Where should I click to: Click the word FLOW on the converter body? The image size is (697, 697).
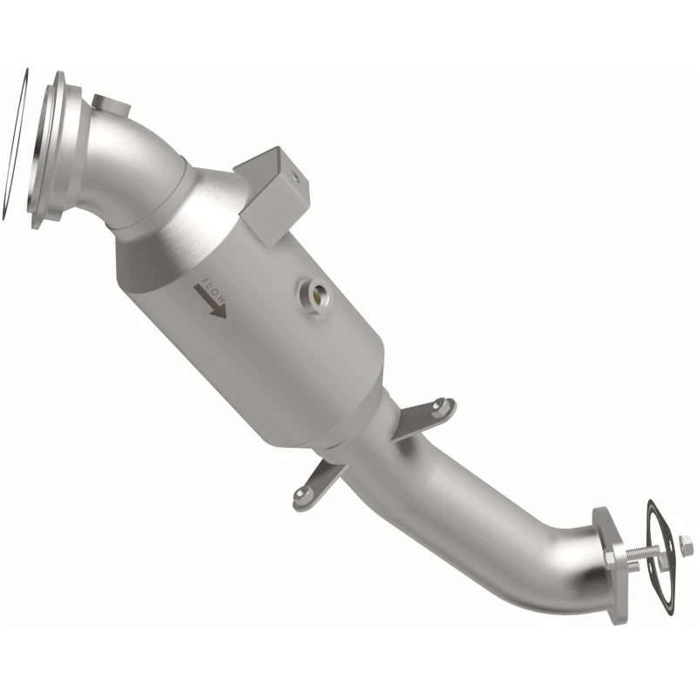pos(214,290)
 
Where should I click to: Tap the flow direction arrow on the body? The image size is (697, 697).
pos(210,301)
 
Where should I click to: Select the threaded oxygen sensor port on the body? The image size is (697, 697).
pos(315,295)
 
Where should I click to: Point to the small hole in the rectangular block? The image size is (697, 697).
pos(294,177)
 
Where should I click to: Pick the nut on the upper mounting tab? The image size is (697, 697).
pos(441,404)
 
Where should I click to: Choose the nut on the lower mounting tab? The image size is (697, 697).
pos(301,492)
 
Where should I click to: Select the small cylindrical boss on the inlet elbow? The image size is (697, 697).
pos(112,105)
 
